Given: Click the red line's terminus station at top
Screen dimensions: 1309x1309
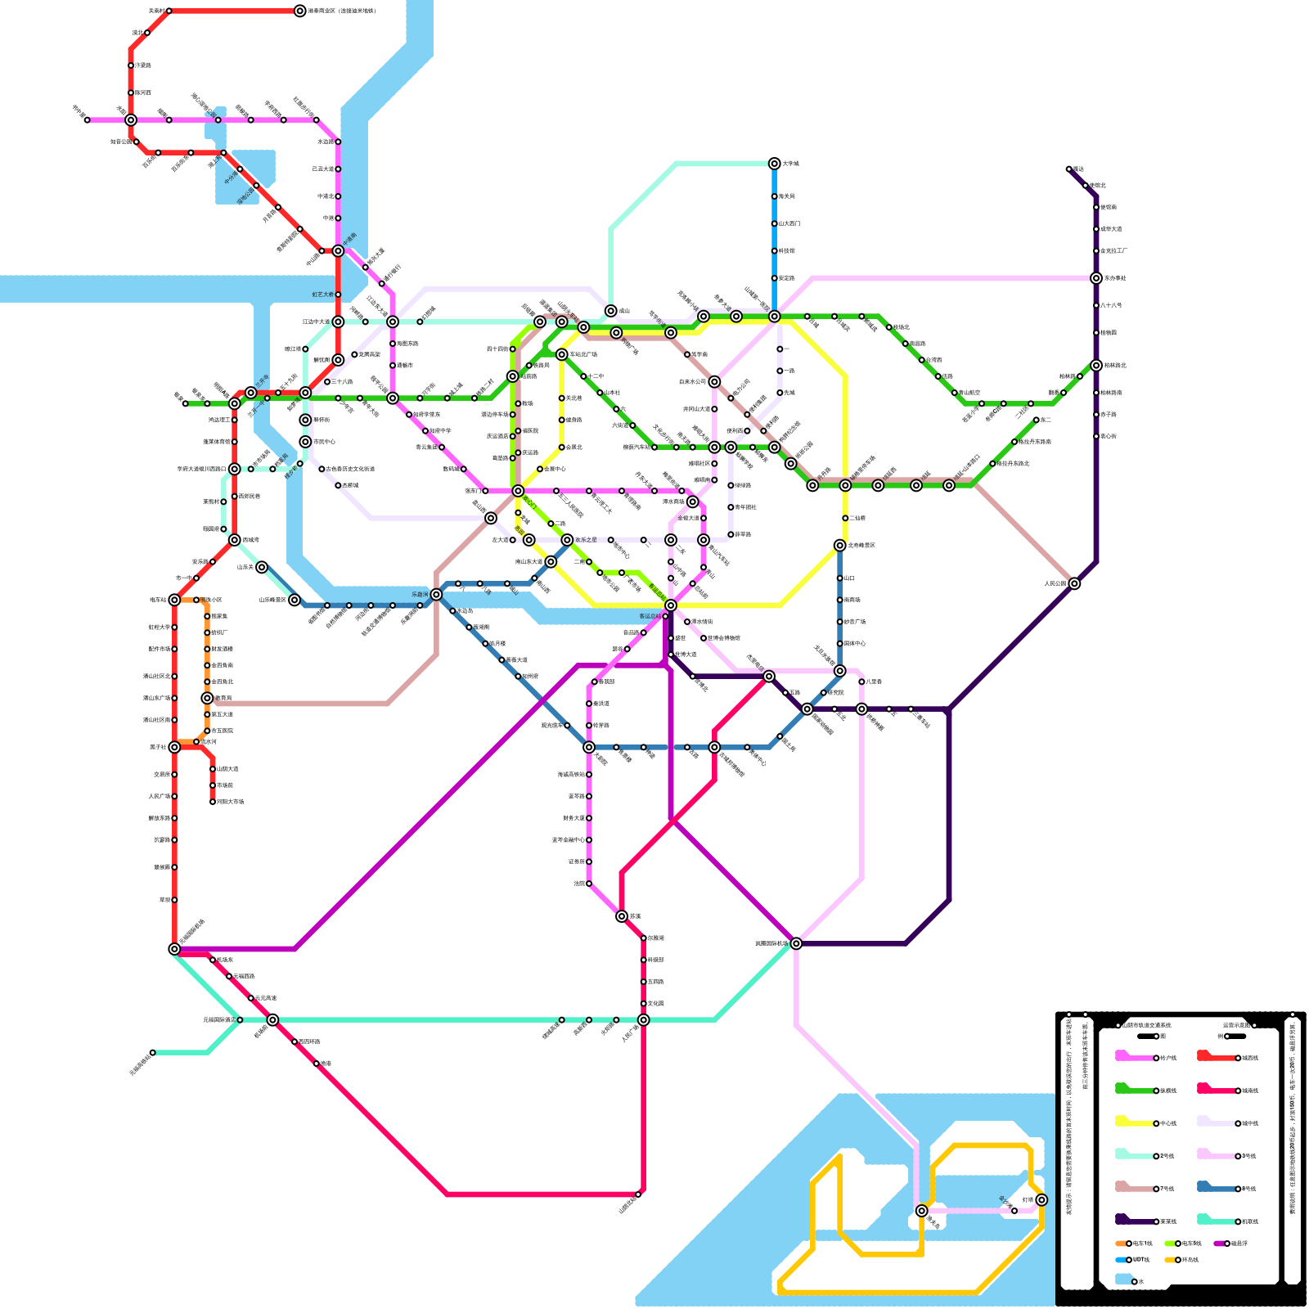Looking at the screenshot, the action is point(300,11).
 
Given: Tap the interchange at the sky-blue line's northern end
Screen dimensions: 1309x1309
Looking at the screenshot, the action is point(774,164).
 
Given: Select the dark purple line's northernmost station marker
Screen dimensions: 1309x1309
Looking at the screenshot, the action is point(1068,169).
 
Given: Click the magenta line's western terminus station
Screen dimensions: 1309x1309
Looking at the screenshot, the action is point(87,120).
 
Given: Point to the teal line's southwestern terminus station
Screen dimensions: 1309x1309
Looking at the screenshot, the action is point(152,1052).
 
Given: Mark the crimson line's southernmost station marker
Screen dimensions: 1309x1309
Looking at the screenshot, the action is point(638,1194).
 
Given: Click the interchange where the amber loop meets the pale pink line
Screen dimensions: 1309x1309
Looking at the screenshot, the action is point(921,1211).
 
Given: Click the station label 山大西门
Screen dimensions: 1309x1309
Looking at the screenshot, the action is point(789,223).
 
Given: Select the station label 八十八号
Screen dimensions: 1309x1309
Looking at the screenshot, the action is point(1111,305).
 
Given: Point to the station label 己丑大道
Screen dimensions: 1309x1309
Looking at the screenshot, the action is point(322,169).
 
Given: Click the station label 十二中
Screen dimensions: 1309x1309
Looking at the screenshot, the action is point(596,376).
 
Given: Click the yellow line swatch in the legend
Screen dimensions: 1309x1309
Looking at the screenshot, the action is point(1133,1122).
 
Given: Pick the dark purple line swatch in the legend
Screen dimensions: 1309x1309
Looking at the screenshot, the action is point(1133,1221).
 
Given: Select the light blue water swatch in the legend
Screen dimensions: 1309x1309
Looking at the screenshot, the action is point(1123,1280).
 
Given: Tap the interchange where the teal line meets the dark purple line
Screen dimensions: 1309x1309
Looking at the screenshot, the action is point(796,943).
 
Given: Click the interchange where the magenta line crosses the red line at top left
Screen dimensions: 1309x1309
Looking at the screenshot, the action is point(131,120).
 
